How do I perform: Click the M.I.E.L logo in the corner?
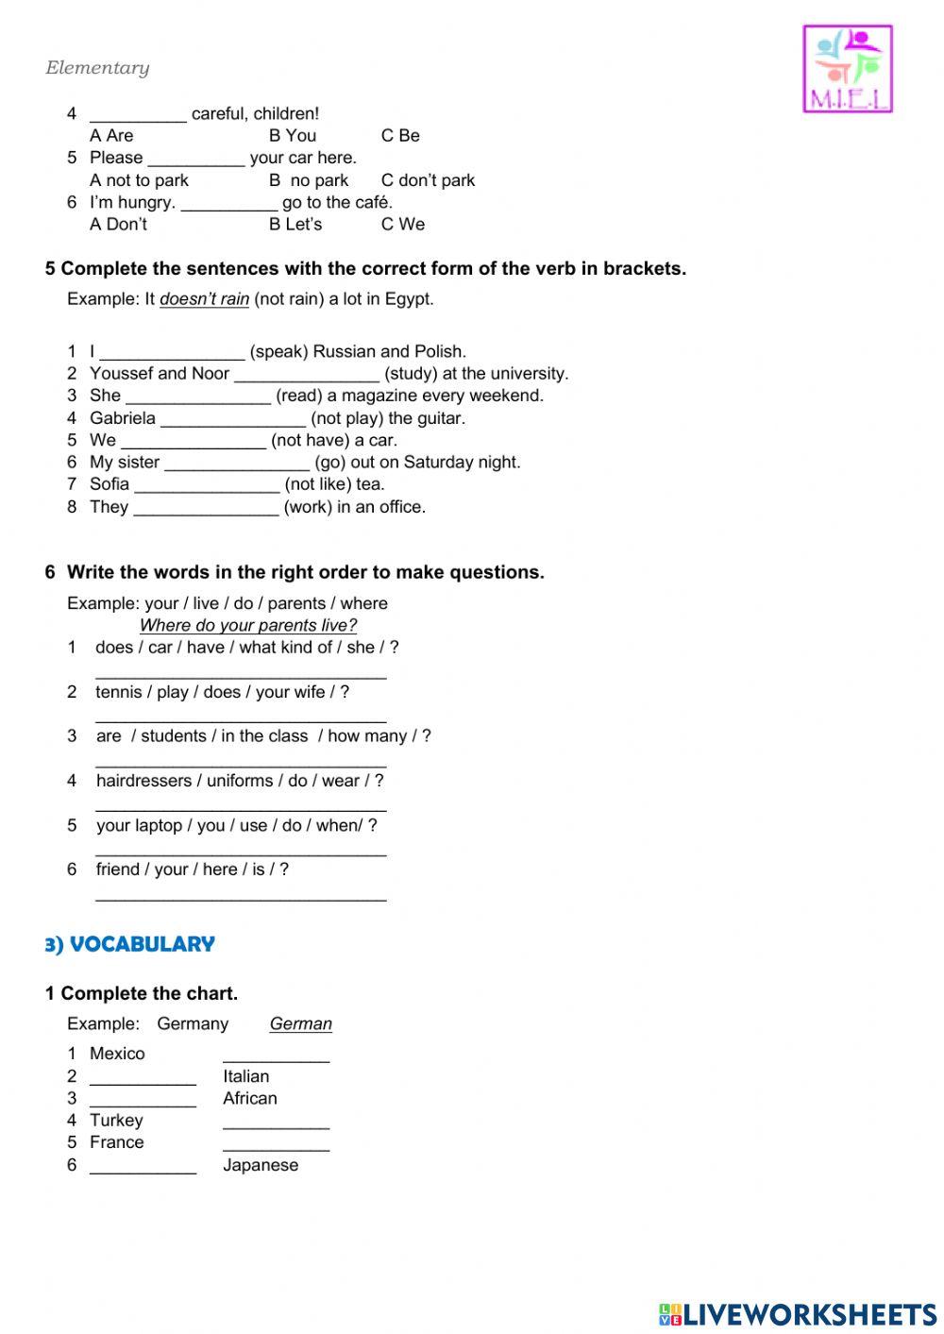(x=847, y=69)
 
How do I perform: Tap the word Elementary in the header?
(x=97, y=68)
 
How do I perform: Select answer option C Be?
(x=400, y=136)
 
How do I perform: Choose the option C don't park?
(x=428, y=180)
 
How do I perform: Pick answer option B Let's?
(x=295, y=225)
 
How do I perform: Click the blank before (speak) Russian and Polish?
(x=172, y=353)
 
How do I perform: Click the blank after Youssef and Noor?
(x=306, y=375)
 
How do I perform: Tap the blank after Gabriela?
(x=232, y=419)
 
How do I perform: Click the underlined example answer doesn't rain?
(x=204, y=299)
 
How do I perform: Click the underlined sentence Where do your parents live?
(x=248, y=625)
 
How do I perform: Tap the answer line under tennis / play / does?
(x=241, y=718)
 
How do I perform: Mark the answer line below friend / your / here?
(x=241, y=897)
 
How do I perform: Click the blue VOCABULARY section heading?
(x=130, y=944)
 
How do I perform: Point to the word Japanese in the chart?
(x=261, y=1165)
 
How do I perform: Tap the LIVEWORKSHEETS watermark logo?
(x=798, y=1313)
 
